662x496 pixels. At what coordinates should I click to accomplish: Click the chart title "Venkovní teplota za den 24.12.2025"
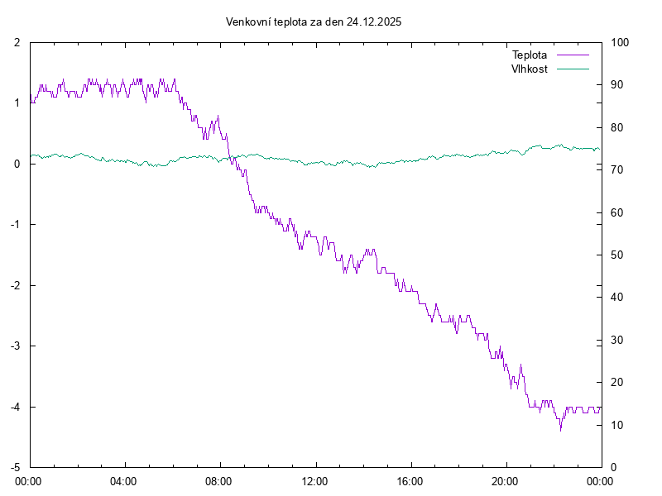(x=314, y=22)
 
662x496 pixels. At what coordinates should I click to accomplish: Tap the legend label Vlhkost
(x=530, y=69)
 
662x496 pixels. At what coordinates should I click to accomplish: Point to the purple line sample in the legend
(x=573, y=55)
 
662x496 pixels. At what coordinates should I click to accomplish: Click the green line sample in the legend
(x=573, y=69)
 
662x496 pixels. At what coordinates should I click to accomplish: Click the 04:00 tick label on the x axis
(x=124, y=480)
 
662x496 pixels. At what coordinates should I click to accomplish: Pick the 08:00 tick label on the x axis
(x=219, y=480)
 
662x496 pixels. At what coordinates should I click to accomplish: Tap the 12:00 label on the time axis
(x=314, y=480)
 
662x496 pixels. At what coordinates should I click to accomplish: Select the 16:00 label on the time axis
(x=410, y=480)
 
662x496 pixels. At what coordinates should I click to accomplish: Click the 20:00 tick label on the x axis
(x=505, y=480)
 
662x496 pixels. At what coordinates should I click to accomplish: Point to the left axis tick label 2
(x=17, y=42)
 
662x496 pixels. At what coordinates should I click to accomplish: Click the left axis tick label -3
(x=14, y=346)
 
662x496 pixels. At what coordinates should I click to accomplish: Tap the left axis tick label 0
(x=17, y=164)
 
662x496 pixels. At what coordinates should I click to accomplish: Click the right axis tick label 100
(x=620, y=42)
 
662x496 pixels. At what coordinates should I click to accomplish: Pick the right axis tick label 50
(x=617, y=255)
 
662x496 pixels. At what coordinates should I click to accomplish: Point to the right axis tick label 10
(x=617, y=425)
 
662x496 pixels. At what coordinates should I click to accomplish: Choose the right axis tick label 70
(x=617, y=169)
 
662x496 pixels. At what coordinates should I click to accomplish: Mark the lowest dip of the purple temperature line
(x=560, y=430)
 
